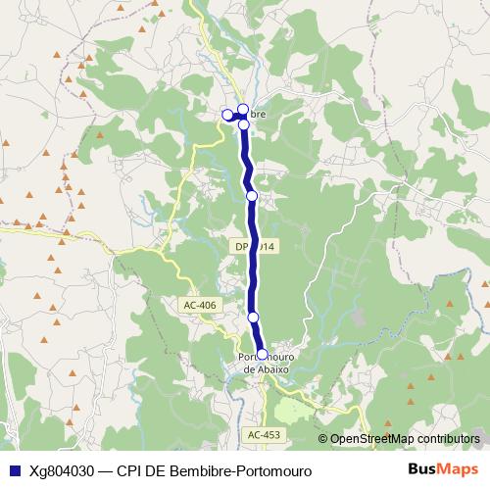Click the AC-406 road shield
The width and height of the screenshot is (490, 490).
click(199, 305)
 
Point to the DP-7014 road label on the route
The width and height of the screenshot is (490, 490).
click(255, 245)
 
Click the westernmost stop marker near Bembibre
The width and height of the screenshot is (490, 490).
click(227, 115)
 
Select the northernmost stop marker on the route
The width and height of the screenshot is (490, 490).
click(243, 109)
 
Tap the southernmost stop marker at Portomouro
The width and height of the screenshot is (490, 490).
click(262, 355)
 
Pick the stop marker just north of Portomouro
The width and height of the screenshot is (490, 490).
click(254, 318)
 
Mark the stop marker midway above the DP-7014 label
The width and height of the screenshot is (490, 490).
click(252, 196)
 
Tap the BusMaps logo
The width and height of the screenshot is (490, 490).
click(437, 470)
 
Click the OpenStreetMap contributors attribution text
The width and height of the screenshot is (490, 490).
click(404, 439)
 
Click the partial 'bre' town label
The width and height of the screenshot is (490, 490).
click(258, 115)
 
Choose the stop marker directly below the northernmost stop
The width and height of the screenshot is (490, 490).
click(244, 124)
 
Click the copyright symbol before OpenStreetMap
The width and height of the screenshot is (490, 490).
click(323, 439)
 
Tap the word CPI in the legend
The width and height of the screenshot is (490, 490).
click(130, 471)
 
